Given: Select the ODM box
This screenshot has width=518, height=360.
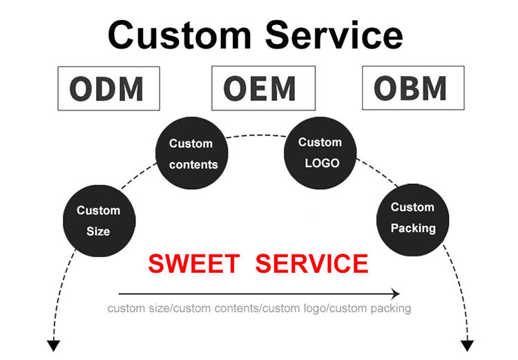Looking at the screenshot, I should [x=108, y=88].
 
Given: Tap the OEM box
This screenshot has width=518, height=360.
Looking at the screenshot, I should [x=263, y=88].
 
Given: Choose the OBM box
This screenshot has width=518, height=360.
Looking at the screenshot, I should [x=413, y=88].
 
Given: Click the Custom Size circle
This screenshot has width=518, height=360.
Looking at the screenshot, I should [x=98, y=220].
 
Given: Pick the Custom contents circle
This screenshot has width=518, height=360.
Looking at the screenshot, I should [x=193, y=153].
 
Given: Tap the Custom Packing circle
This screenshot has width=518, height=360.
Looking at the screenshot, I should [x=412, y=217].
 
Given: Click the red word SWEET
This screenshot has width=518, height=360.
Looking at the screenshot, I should [x=194, y=264].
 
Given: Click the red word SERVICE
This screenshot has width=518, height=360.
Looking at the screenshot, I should [x=311, y=264].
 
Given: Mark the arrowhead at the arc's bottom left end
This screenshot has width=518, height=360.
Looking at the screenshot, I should [x=53, y=345].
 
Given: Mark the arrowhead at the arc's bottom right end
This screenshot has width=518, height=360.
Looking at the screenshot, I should [x=468, y=345].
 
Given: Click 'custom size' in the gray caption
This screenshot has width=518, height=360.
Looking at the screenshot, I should [x=138, y=308].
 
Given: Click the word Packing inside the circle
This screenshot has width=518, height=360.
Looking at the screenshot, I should [x=413, y=227].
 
